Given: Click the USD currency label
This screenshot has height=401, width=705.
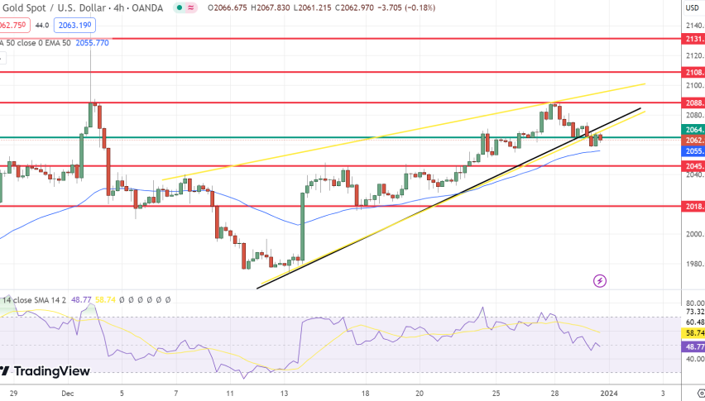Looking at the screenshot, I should pyautogui.click(x=693, y=8).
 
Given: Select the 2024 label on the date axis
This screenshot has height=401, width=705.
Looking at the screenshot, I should pyautogui.click(x=607, y=394).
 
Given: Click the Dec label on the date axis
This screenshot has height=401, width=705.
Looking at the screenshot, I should pyautogui.click(x=68, y=394).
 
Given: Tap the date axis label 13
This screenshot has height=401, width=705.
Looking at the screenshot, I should pyautogui.click(x=285, y=394).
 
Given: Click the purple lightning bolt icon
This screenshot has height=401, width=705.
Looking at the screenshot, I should pyautogui.click(x=600, y=281).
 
